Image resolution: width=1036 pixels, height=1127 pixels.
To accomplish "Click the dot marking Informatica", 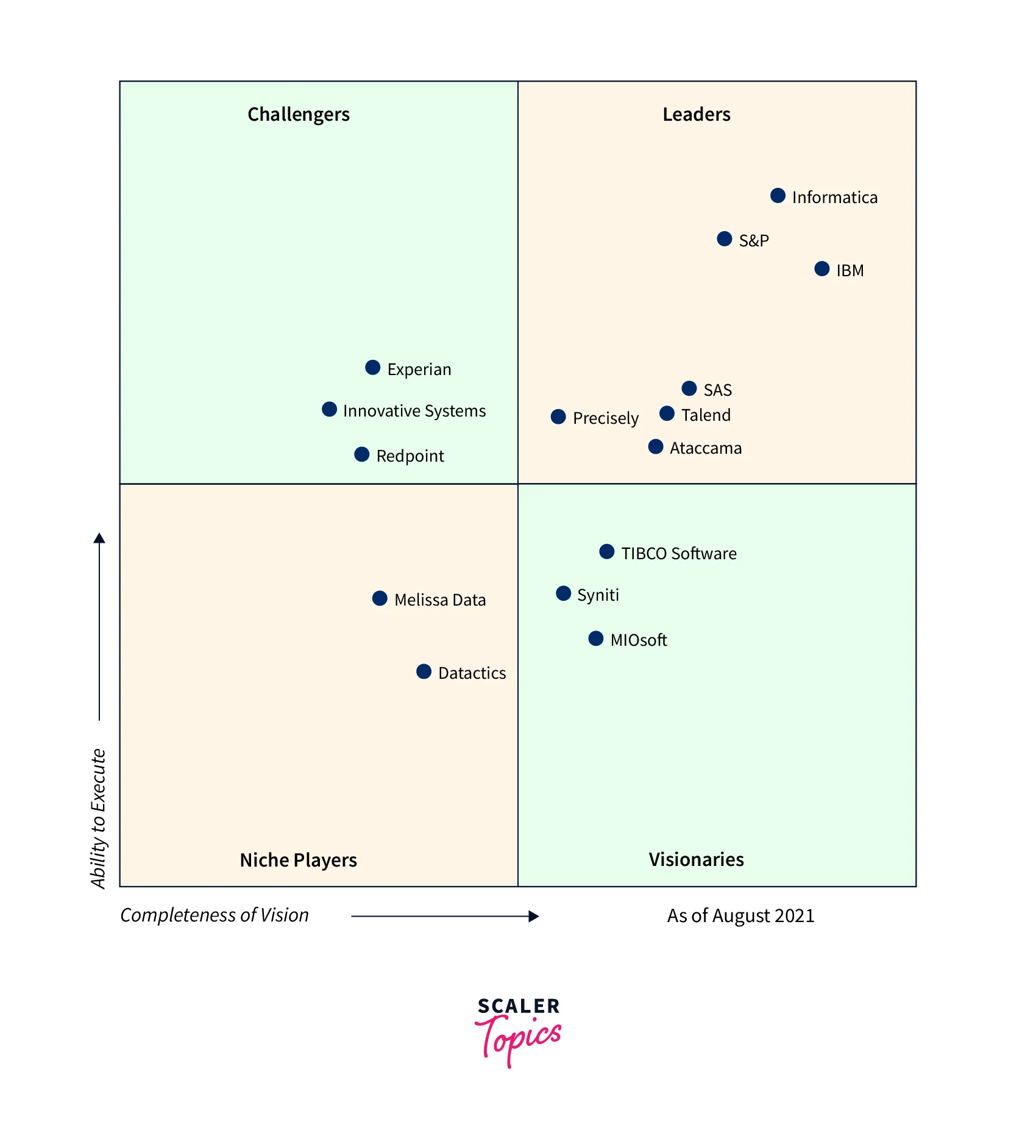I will coord(778,196).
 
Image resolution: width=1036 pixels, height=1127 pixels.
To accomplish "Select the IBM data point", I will coord(821,269).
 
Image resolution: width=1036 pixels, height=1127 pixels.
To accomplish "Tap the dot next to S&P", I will coord(724,239).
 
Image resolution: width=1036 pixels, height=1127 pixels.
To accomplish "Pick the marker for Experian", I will coord(372,368).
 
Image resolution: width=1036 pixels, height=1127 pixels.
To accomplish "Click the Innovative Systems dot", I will coord(329,409).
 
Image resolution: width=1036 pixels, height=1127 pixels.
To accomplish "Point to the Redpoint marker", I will coord(361,454).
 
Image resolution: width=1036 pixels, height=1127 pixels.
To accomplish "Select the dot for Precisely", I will coord(558,417).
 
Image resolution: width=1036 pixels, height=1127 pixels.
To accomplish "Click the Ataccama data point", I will coord(656,447).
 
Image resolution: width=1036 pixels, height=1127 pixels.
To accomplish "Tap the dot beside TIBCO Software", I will coord(606,552).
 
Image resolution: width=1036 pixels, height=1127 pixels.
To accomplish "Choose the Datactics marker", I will coord(424,671).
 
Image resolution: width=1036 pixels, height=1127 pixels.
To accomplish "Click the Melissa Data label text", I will coord(440,600).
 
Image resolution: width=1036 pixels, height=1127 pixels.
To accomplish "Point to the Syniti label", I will coord(598,595).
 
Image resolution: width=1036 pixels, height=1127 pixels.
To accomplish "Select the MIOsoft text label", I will coord(639,640).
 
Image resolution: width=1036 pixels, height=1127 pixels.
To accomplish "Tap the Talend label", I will coord(706,415).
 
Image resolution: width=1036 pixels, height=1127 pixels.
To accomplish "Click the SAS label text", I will coord(717,390).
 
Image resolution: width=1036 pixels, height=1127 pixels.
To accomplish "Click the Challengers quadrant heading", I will coord(299,115).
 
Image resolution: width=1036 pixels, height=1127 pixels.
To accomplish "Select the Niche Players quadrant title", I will coord(299,860).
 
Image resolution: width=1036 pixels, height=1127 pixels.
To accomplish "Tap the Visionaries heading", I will coord(696,859).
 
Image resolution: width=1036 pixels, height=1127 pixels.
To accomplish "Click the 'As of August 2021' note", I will coord(740,915).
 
